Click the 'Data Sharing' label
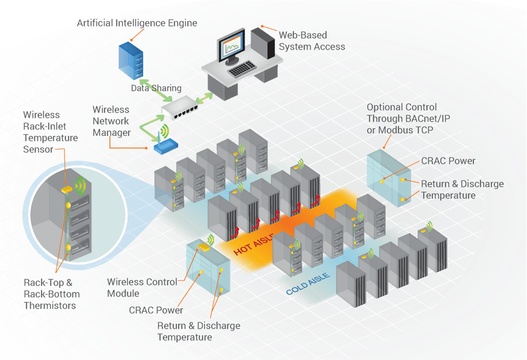pos(156,88)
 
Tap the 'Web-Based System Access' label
pos(311,40)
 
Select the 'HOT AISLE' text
pos(254,241)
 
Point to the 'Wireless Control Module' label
pos(142,288)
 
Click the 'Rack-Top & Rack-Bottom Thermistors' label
pos(50,294)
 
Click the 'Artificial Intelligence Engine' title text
pos(137,24)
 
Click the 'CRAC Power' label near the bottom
pos(156,310)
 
